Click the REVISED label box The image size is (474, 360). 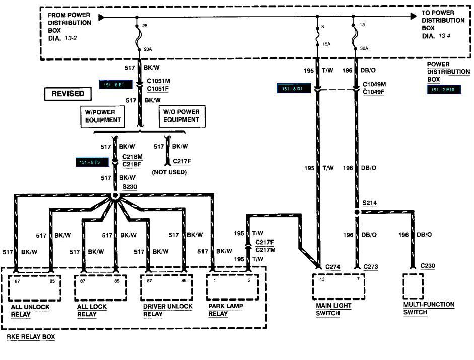(68, 94)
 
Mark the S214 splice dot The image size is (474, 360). (357, 212)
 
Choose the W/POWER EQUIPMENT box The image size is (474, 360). (102, 116)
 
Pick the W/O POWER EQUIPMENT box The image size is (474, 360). (180, 116)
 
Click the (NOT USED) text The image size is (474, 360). (169, 172)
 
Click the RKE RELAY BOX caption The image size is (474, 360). (31, 336)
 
